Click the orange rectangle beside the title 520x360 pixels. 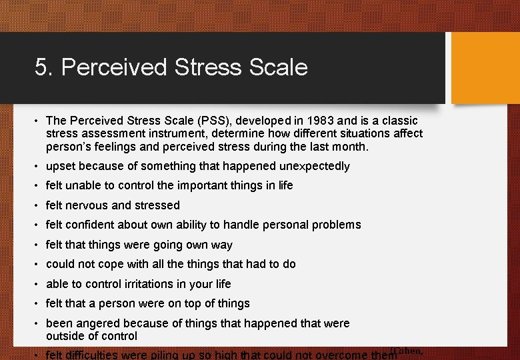tap(485, 68)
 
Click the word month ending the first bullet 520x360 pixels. tap(350, 146)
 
